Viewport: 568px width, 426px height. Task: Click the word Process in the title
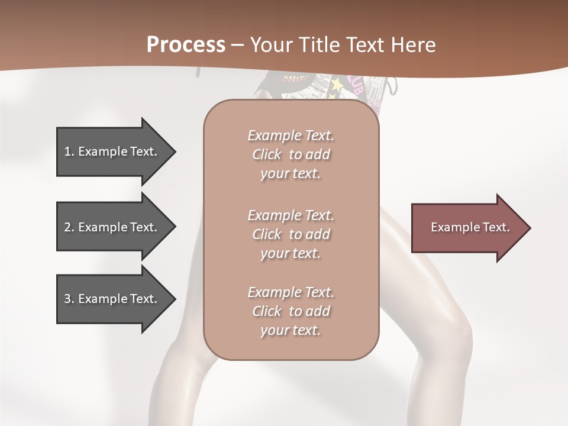click(x=186, y=45)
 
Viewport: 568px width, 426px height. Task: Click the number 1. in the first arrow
click(x=69, y=151)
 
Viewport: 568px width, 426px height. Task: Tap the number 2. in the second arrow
click(x=69, y=227)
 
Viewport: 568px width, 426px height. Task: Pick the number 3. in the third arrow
click(x=69, y=299)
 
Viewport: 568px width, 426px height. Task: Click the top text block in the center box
click(x=291, y=154)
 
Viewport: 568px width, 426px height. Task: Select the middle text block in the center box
click(x=291, y=234)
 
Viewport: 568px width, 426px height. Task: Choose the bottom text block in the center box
click(x=291, y=311)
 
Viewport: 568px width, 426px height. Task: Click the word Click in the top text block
click(x=267, y=154)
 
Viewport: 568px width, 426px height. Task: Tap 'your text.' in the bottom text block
click(x=291, y=330)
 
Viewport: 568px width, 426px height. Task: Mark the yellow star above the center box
click(x=337, y=86)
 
